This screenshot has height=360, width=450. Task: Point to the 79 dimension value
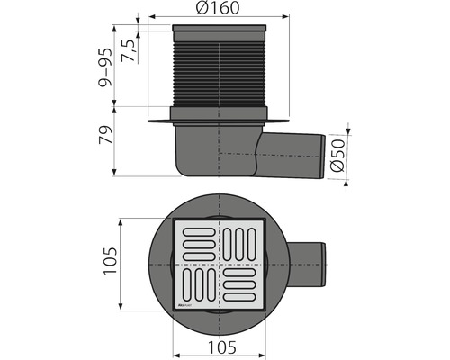106,139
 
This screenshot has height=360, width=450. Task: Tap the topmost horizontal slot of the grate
196,234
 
